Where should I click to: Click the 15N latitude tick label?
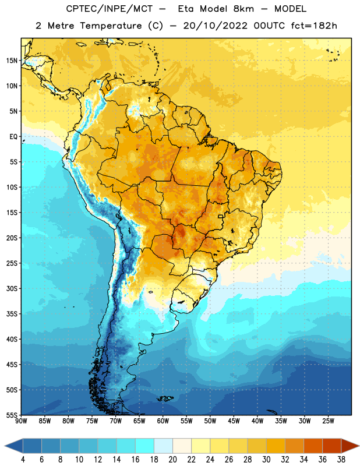(x=12, y=61)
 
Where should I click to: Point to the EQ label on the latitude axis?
(x=13, y=137)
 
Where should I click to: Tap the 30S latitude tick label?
(x=12, y=288)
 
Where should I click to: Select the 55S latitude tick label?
(x=12, y=415)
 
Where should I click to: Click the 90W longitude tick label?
(x=21, y=421)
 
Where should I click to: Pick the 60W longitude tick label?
(x=163, y=421)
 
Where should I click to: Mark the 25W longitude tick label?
(x=328, y=421)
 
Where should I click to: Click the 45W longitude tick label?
(x=234, y=421)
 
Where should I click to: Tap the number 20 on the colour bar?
(x=172, y=460)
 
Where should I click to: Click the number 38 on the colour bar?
(x=341, y=460)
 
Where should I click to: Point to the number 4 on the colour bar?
(x=23, y=460)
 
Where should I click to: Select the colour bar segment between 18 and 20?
(x=164, y=446)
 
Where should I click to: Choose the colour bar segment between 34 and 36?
(x=313, y=446)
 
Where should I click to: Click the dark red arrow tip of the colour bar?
(x=358, y=446)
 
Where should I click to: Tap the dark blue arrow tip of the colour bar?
(x=5, y=446)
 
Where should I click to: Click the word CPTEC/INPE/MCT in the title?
(x=109, y=9)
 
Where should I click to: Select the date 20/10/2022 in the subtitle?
(x=215, y=26)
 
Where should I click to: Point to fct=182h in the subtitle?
(x=314, y=26)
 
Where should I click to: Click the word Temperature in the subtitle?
(x=111, y=26)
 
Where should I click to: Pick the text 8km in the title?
(x=243, y=9)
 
